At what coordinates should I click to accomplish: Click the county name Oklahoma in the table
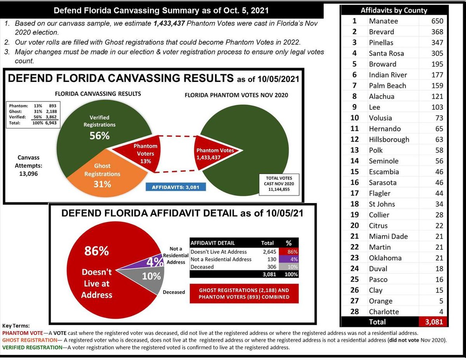[x=385, y=258]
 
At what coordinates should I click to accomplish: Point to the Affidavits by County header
[x=394, y=10]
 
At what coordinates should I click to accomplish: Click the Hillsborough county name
[x=389, y=139]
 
